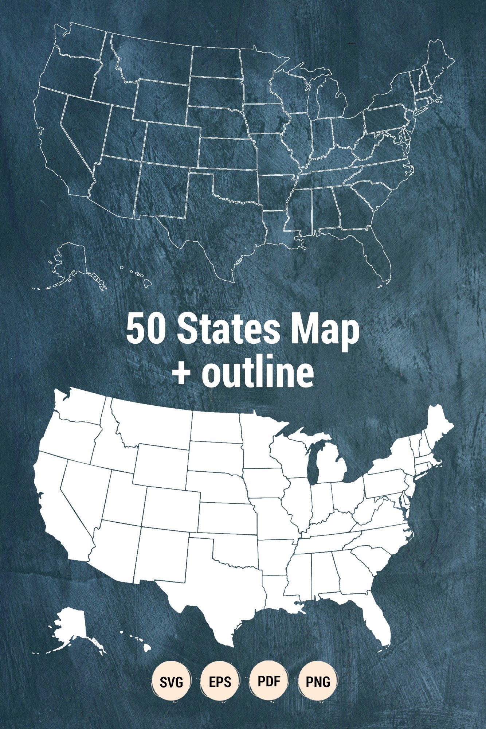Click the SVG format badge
point(171,682)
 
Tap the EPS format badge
point(220,682)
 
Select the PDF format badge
point(269,681)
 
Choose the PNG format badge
point(318,682)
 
